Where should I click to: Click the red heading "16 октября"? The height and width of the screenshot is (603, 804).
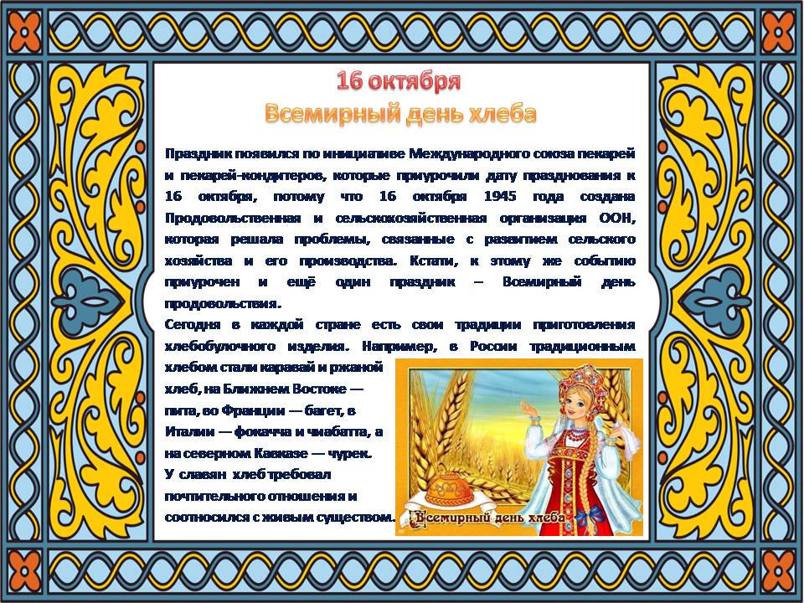point(399,81)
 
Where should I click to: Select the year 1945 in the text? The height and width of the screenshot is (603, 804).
point(500,196)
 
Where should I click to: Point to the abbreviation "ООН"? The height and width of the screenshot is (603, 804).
point(617,218)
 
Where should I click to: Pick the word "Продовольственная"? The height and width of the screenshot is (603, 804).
point(233,218)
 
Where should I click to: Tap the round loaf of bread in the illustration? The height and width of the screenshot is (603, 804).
point(449,488)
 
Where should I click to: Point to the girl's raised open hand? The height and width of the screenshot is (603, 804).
point(529,409)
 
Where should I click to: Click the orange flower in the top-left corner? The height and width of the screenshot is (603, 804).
point(24,31)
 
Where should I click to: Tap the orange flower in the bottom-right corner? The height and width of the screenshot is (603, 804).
point(778,571)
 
